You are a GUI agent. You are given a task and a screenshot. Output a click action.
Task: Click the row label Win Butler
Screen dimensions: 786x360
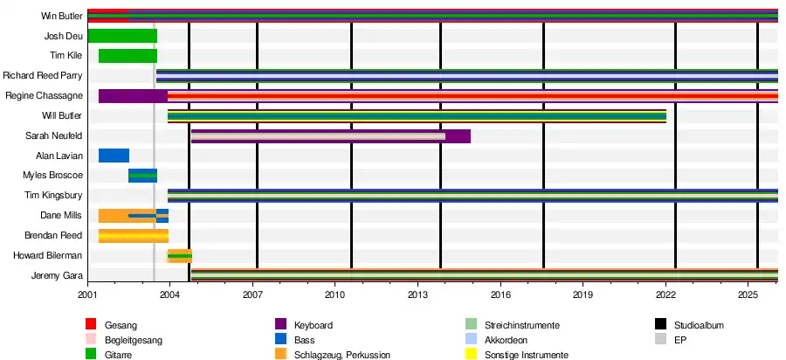[x=62, y=16]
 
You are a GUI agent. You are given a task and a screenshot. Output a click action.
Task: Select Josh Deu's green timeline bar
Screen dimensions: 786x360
[x=122, y=36]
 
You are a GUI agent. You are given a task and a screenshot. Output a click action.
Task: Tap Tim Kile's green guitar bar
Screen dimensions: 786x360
[x=128, y=56]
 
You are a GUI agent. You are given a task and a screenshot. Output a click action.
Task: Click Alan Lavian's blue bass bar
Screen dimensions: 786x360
[x=114, y=156]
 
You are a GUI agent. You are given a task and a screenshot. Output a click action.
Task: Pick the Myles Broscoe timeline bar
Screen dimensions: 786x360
[x=143, y=176]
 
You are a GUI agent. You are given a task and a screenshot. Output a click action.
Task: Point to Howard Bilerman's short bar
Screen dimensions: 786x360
[x=180, y=256]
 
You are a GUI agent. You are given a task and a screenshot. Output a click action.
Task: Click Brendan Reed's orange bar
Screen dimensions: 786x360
[x=134, y=236]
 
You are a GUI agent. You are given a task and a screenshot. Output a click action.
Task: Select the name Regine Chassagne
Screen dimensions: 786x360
[x=45, y=96]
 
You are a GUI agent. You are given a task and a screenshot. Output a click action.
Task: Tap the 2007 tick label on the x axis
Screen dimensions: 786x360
[x=252, y=294]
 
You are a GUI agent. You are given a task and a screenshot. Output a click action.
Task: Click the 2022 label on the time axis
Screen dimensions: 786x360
[x=665, y=294]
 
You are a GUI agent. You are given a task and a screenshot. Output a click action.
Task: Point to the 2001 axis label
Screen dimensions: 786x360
[x=87, y=294]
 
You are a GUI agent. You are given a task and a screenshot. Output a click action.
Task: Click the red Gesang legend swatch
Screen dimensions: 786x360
[x=91, y=325]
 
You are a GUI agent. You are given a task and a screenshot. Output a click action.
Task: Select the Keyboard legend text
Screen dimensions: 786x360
[x=314, y=325]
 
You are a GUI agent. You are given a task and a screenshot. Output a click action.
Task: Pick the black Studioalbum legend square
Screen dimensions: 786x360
[x=660, y=325]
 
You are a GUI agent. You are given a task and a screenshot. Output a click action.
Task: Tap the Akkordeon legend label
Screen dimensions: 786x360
[x=507, y=341]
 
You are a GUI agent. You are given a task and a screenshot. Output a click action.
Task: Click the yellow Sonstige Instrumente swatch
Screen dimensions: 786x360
[x=471, y=355]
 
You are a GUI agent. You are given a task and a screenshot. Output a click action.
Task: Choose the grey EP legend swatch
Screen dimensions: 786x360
[x=660, y=340]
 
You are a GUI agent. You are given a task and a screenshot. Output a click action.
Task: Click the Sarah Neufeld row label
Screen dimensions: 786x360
[x=54, y=136]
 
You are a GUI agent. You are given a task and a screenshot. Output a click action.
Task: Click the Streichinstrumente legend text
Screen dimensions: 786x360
[x=522, y=325]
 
